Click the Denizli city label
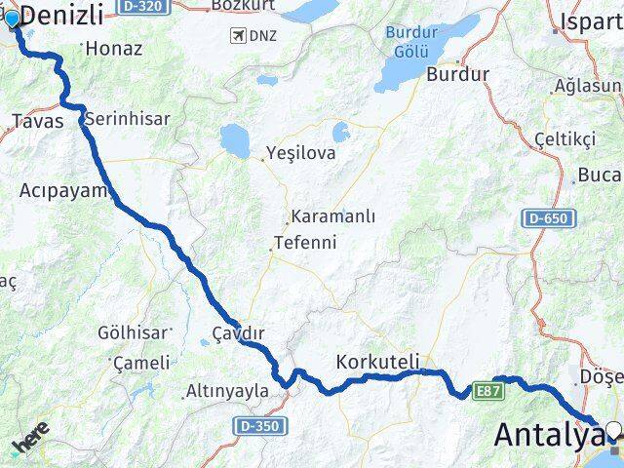(61, 14)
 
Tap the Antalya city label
(548, 435)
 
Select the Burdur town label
(458, 74)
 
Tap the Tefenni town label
(304, 243)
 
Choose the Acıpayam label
(61, 191)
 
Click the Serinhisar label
(127, 119)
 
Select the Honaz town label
(113, 48)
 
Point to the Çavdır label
(239, 334)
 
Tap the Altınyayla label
(226, 392)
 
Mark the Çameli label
(141, 363)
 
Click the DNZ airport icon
(235, 36)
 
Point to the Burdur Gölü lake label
(411, 40)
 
